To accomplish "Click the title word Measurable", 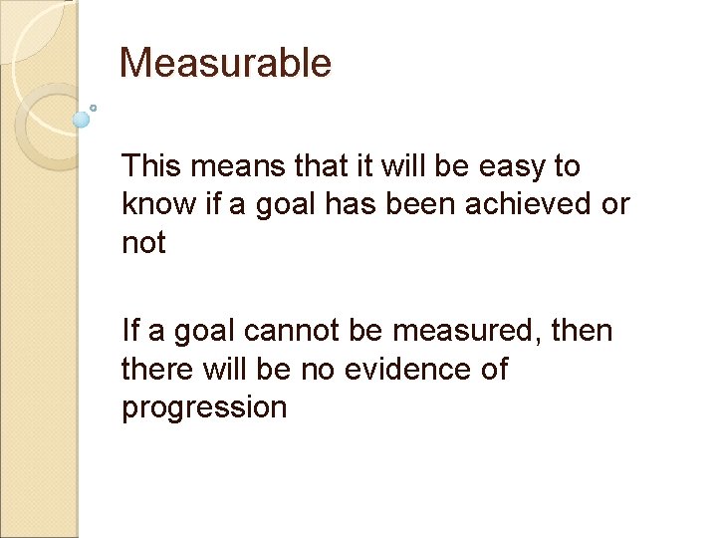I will click(x=225, y=64).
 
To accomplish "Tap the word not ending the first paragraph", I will click(x=143, y=242).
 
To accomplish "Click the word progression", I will click(x=204, y=407).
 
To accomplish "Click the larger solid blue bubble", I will click(x=82, y=120).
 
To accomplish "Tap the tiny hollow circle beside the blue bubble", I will click(x=93, y=108).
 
